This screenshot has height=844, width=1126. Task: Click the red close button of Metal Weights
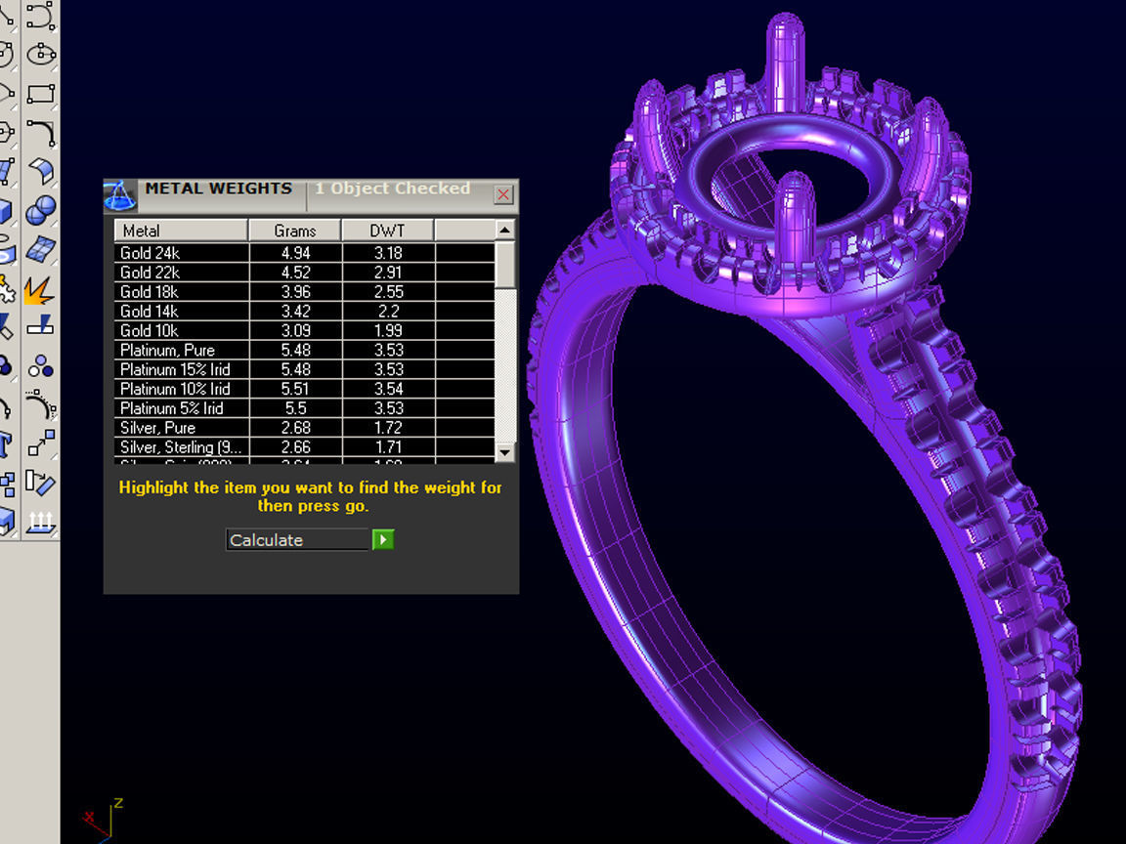pyautogui.click(x=503, y=194)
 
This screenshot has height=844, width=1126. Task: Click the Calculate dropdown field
pyautogui.click(x=297, y=540)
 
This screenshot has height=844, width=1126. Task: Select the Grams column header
pyautogui.click(x=294, y=232)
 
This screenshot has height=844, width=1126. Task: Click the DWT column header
pyautogui.click(x=387, y=232)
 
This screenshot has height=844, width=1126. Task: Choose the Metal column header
pyautogui.click(x=180, y=232)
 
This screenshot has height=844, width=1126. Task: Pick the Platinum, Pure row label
pyautogui.click(x=167, y=350)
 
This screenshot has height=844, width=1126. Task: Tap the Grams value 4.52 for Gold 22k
pyautogui.click(x=294, y=273)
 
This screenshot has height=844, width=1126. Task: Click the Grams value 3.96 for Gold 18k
pyautogui.click(x=294, y=292)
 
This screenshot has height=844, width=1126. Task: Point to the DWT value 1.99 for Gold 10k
pyautogui.click(x=387, y=331)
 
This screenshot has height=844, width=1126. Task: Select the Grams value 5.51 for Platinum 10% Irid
pyautogui.click(x=294, y=389)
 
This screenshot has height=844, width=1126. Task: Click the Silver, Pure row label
pyautogui.click(x=157, y=428)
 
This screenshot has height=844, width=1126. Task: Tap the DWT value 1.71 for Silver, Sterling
pyautogui.click(x=387, y=447)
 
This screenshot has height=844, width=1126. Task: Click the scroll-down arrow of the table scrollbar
pyautogui.click(x=504, y=452)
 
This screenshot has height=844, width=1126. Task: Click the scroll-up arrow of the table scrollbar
pyautogui.click(x=504, y=231)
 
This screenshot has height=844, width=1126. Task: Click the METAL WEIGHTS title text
pyautogui.click(x=218, y=189)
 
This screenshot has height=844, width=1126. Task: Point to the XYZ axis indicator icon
pyautogui.click(x=104, y=819)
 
